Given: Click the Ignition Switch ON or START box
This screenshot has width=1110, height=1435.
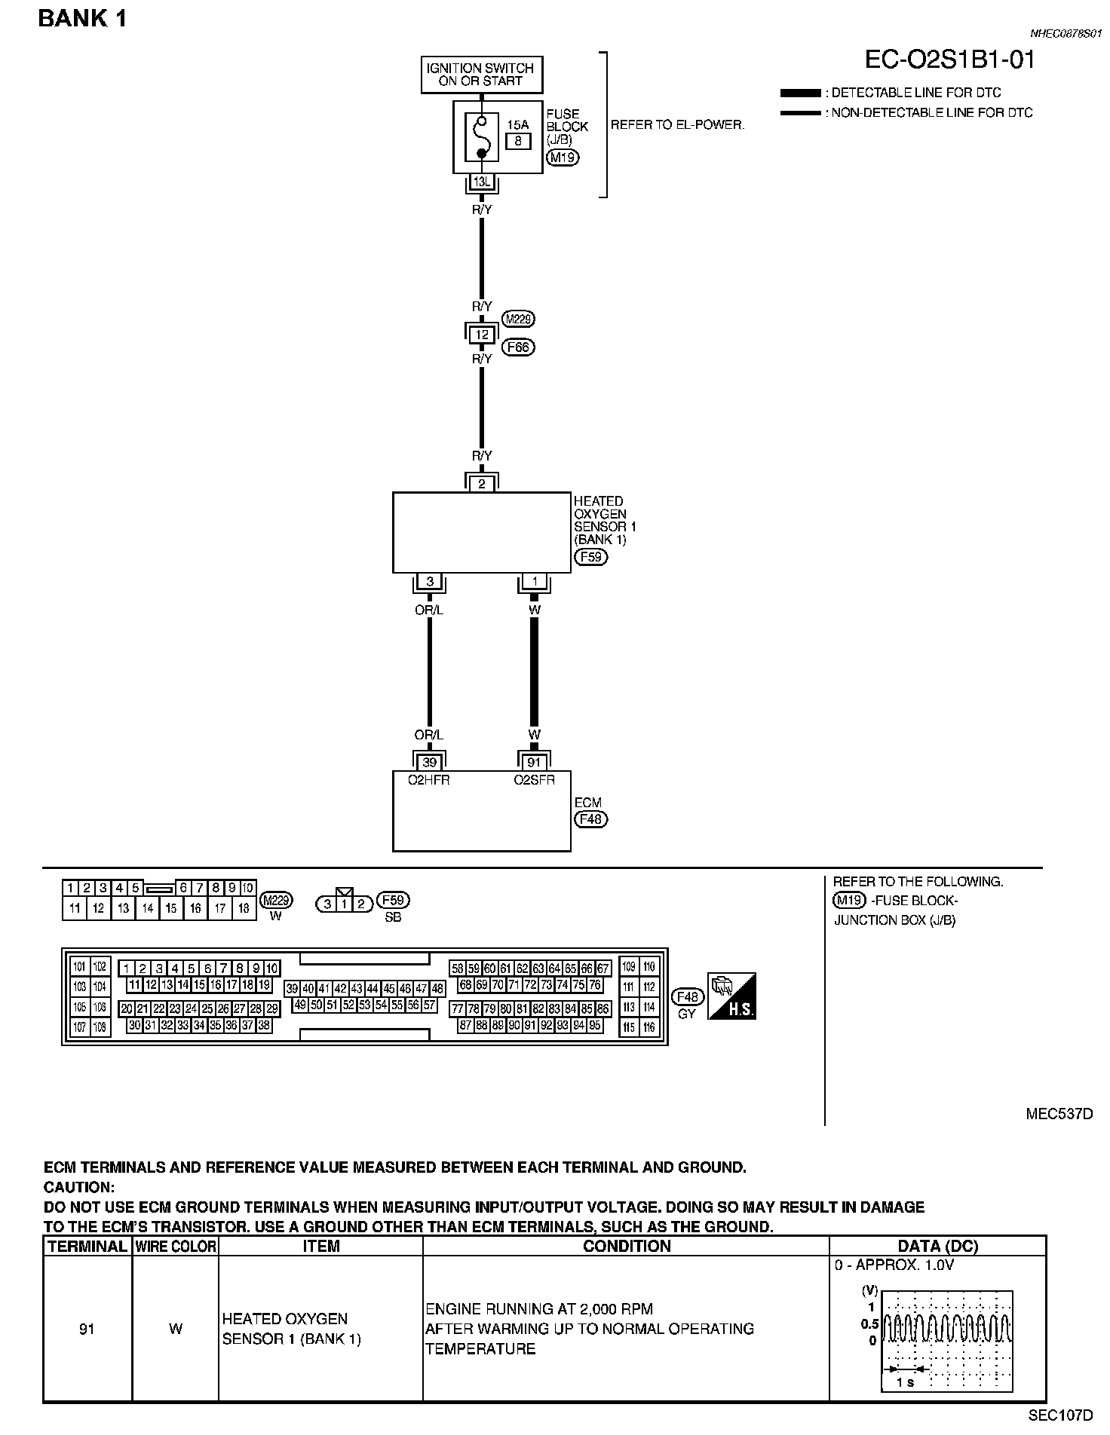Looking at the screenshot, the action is coord(480,74).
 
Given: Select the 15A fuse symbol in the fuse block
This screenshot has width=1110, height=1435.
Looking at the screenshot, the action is coord(481,136).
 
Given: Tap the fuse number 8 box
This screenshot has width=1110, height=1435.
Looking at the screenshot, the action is coord(517,141).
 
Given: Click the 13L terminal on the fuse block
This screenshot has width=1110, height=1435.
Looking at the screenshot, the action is coord(481,182).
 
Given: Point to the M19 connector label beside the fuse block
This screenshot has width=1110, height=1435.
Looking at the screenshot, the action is coord(562,158).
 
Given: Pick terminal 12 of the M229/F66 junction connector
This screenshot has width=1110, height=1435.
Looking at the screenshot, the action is coord(482,334).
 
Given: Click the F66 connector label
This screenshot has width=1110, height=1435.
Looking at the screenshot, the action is coord(517,347).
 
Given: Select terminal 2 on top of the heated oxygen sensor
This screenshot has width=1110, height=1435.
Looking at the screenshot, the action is coord(482,483).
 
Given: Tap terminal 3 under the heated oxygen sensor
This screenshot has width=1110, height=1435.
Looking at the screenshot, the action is coord(430,581).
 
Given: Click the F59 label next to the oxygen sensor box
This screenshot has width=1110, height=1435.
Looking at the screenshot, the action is coord(590,557).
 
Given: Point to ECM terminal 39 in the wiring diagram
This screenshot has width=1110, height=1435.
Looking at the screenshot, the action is coord(429,762).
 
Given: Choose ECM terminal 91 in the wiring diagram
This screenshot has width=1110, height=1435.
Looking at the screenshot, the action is coord(534,762).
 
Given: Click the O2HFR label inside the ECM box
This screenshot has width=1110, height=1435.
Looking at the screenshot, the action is coord(428,780).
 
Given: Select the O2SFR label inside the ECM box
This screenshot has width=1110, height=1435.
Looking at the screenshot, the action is coord(534,780).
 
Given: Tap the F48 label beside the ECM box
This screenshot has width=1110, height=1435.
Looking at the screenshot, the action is coord(590,819).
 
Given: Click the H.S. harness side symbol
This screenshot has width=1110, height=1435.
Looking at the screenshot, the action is coord(731,996).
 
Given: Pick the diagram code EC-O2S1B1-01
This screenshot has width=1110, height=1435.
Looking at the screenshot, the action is coord(949,60).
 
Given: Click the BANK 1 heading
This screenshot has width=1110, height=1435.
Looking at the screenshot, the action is coord(82,18).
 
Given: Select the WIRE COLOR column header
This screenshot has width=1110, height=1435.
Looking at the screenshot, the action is coord(176,1246).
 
